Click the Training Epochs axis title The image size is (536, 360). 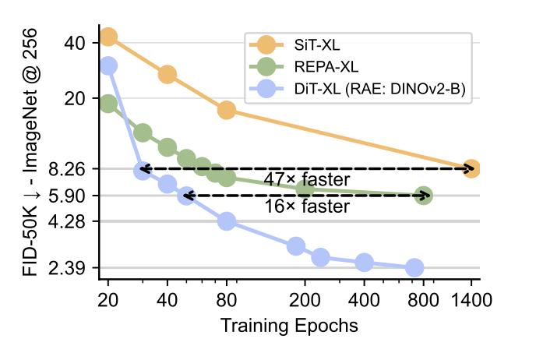point(289,323)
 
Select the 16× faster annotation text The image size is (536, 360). point(306,207)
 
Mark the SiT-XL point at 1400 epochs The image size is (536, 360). point(471,169)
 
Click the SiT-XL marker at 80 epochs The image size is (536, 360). point(227,110)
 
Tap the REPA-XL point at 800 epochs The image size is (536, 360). point(424,196)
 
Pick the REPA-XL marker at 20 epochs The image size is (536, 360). point(108,104)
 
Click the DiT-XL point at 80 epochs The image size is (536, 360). point(227,221)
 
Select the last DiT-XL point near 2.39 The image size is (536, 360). point(414,268)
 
